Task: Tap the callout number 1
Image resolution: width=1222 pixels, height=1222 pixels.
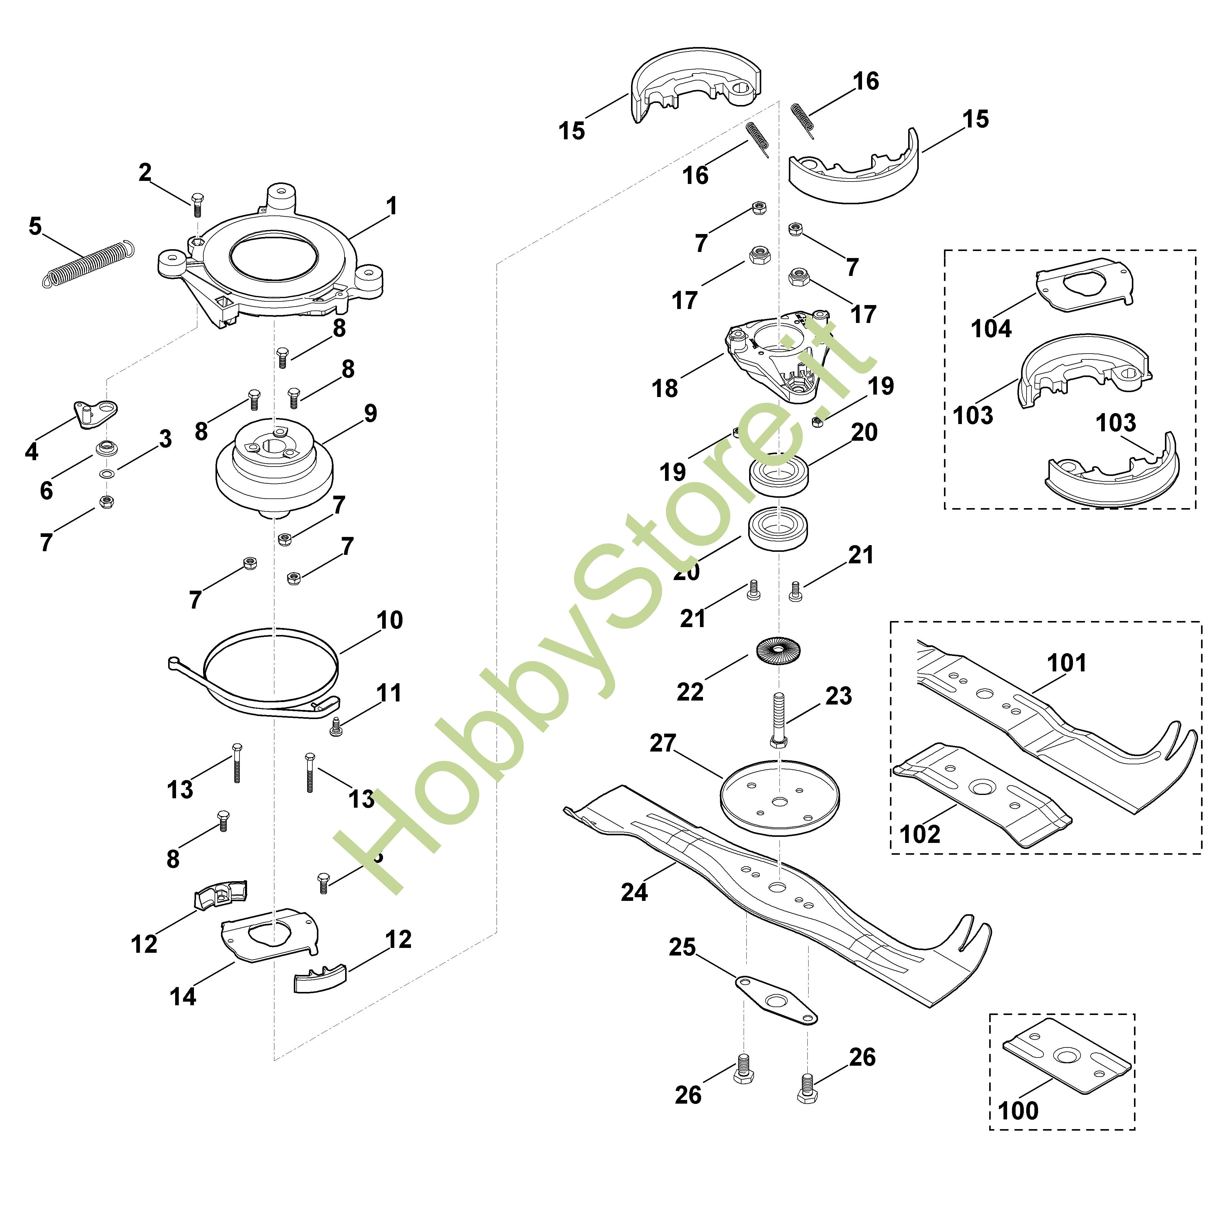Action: click(x=392, y=206)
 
